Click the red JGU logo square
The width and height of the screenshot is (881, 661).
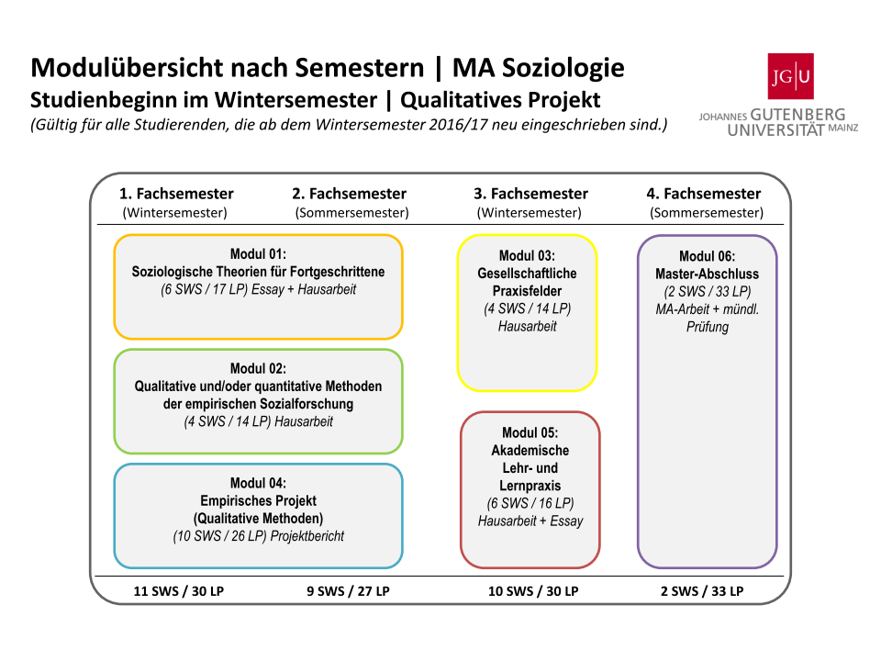[x=790, y=76]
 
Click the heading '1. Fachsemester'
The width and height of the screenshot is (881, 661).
[x=176, y=194]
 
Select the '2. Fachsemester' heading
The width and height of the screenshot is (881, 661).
[x=349, y=194]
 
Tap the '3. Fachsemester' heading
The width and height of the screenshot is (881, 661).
[x=531, y=194]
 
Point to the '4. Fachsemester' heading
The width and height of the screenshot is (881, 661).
[x=704, y=194]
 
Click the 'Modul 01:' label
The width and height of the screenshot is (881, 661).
[x=258, y=254]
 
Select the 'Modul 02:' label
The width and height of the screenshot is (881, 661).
[x=258, y=369]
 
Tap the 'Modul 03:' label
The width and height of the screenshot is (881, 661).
[x=527, y=256]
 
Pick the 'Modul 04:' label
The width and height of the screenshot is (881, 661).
[x=258, y=484]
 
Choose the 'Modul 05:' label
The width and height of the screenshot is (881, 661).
[x=530, y=432]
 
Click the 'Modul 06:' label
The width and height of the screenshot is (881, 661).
[x=707, y=256]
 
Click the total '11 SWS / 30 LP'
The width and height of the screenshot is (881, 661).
[x=179, y=591]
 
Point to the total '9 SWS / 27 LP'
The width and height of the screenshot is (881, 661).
[x=348, y=591]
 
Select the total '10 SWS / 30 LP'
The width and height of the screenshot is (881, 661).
[x=533, y=591]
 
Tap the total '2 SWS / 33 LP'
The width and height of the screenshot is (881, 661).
[x=702, y=591]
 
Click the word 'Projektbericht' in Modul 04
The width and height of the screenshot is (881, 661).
[x=307, y=536]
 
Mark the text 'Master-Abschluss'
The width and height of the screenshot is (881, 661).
[x=707, y=274]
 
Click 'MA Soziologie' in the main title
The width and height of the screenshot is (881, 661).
[x=539, y=68]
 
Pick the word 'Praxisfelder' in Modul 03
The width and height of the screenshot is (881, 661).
[x=527, y=291]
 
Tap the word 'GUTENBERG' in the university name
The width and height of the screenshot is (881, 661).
[x=797, y=115]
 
